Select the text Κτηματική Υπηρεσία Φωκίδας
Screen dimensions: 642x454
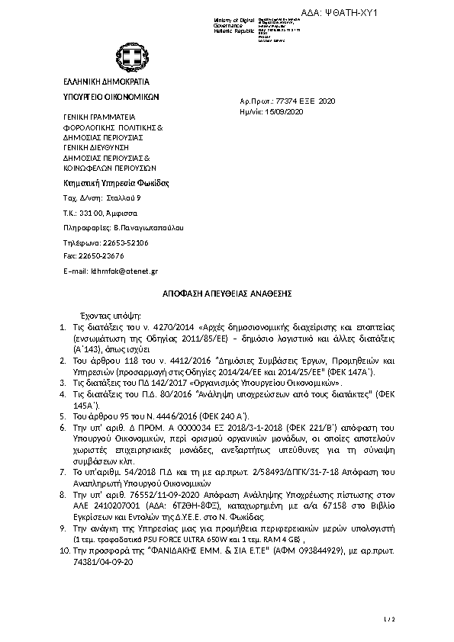114,183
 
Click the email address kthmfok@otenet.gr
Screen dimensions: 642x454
124,271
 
